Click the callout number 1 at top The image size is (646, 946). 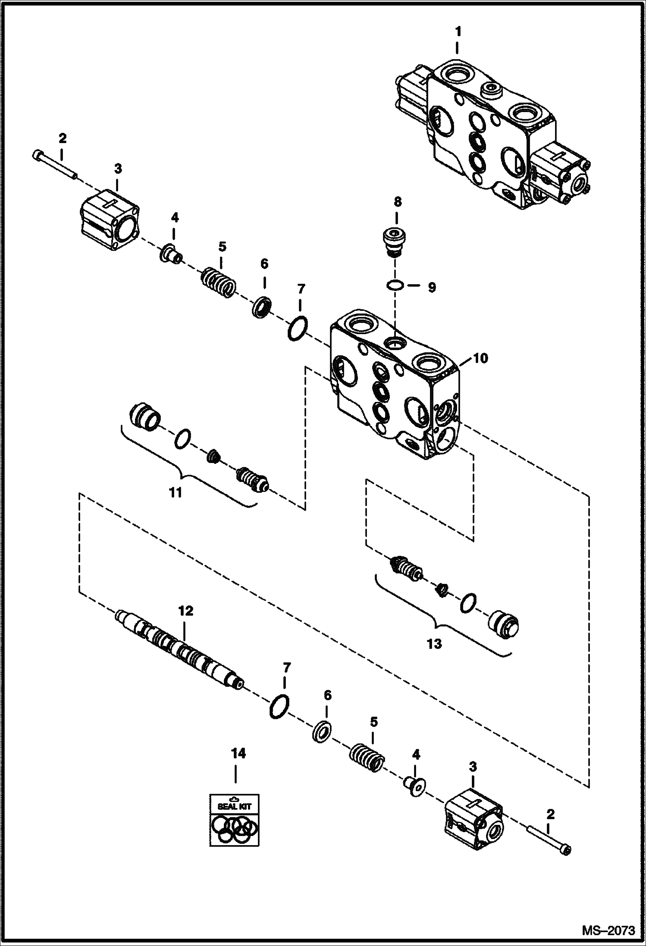click(x=458, y=31)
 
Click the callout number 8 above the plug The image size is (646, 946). click(x=397, y=201)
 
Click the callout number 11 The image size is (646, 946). click(x=176, y=492)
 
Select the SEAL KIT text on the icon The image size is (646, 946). click(x=234, y=806)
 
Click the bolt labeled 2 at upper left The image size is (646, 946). click(x=54, y=164)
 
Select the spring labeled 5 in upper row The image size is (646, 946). click(x=219, y=282)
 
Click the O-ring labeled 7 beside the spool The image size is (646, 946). click(x=279, y=707)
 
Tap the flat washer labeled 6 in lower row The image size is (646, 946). click(x=321, y=732)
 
